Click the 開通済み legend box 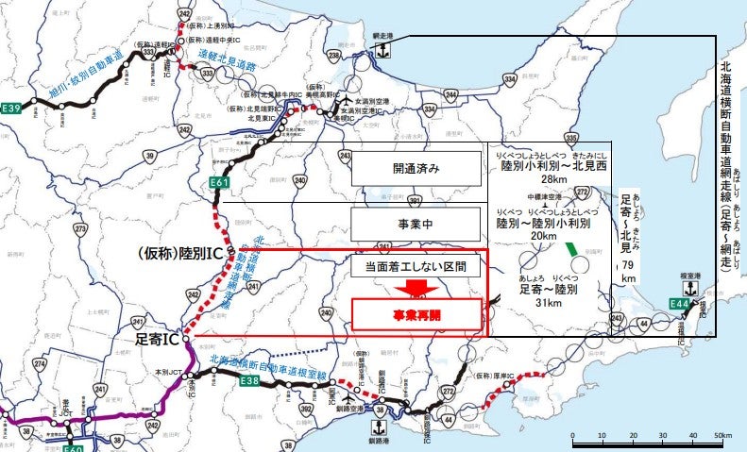(x=416, y=169)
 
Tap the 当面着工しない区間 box (x=416, y=266)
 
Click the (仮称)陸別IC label (x=179, y=254)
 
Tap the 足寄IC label (x=158, y=337)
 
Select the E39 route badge (x=10, y=109)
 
